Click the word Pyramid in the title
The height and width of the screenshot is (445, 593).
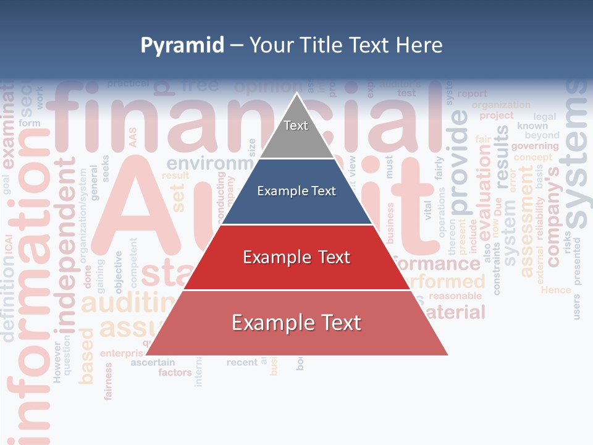[182, 45]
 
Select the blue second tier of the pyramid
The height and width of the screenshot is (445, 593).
[296, 192]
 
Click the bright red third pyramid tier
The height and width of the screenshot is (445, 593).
[296, 257]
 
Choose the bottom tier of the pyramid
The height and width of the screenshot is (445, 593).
[296, 323]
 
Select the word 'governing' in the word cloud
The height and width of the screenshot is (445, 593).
[534, 146]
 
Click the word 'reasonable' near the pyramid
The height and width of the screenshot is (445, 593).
[455, 296]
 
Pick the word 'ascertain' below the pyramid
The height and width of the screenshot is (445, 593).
[153, 362]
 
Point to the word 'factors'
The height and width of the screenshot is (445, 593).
[175, 373]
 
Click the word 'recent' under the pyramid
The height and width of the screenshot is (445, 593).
[242, 362]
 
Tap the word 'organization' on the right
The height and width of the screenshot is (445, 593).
[501, 104]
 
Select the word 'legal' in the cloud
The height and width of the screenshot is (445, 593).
[544, 116]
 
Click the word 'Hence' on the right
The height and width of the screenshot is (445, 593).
[556, 289]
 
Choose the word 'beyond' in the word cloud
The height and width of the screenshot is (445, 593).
[542, 135]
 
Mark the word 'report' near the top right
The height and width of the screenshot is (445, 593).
[473, 94]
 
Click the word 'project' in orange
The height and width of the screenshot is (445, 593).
[497, 116]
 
